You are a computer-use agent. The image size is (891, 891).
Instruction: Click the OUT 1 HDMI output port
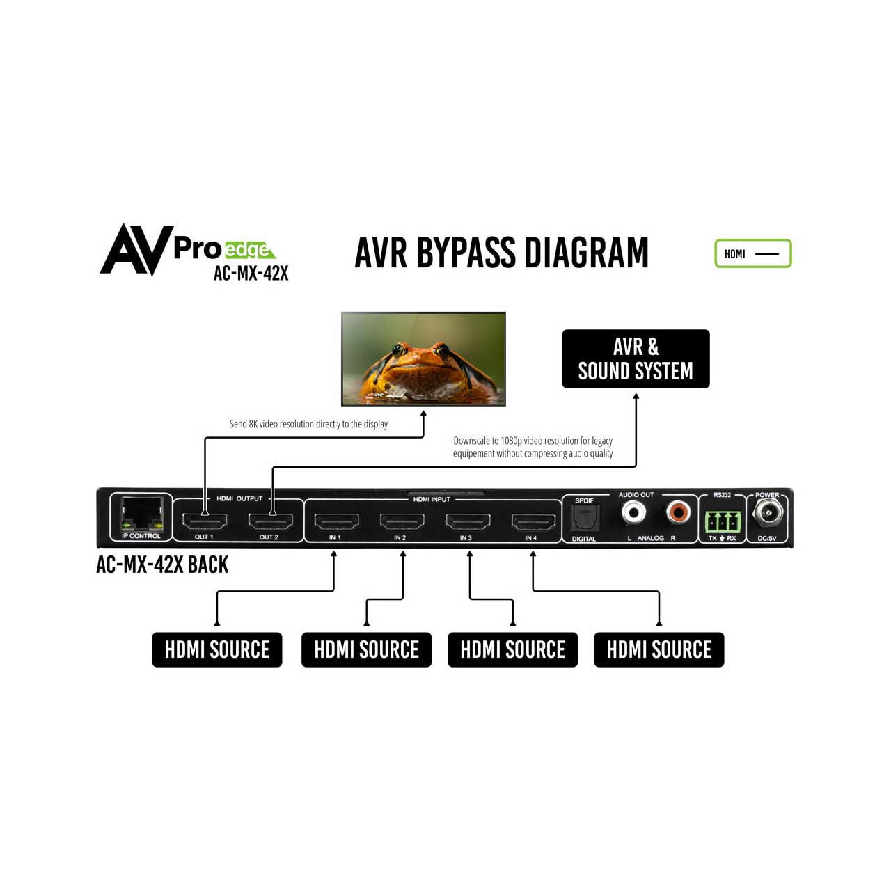coord(205,521)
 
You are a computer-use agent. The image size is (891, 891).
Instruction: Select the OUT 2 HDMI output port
coord(270,521)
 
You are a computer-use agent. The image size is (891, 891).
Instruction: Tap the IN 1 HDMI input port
coord(336,521)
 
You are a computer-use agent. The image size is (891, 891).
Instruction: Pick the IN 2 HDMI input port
coord(402,521)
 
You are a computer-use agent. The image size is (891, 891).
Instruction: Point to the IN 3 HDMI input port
coord(468,521)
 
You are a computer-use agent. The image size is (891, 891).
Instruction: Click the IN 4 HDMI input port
coord(533,521)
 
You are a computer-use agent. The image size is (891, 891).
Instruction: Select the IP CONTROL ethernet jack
coord(141,514)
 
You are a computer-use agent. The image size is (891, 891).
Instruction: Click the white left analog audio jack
coord(633,514)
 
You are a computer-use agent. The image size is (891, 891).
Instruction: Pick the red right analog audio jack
coord(678,514)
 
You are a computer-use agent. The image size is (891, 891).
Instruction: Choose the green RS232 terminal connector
coord(722,521)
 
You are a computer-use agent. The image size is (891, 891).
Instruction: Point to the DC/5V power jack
coord(768,515)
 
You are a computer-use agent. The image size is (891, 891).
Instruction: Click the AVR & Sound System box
coord(636,359)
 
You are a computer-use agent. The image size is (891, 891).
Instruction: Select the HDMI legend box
coord(752,253)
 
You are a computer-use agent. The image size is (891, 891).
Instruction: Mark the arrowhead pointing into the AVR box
coord(636,397)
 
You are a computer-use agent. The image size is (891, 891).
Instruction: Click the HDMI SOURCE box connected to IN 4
coord(659,649)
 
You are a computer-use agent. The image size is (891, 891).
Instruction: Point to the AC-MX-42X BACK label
coord(162,565)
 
